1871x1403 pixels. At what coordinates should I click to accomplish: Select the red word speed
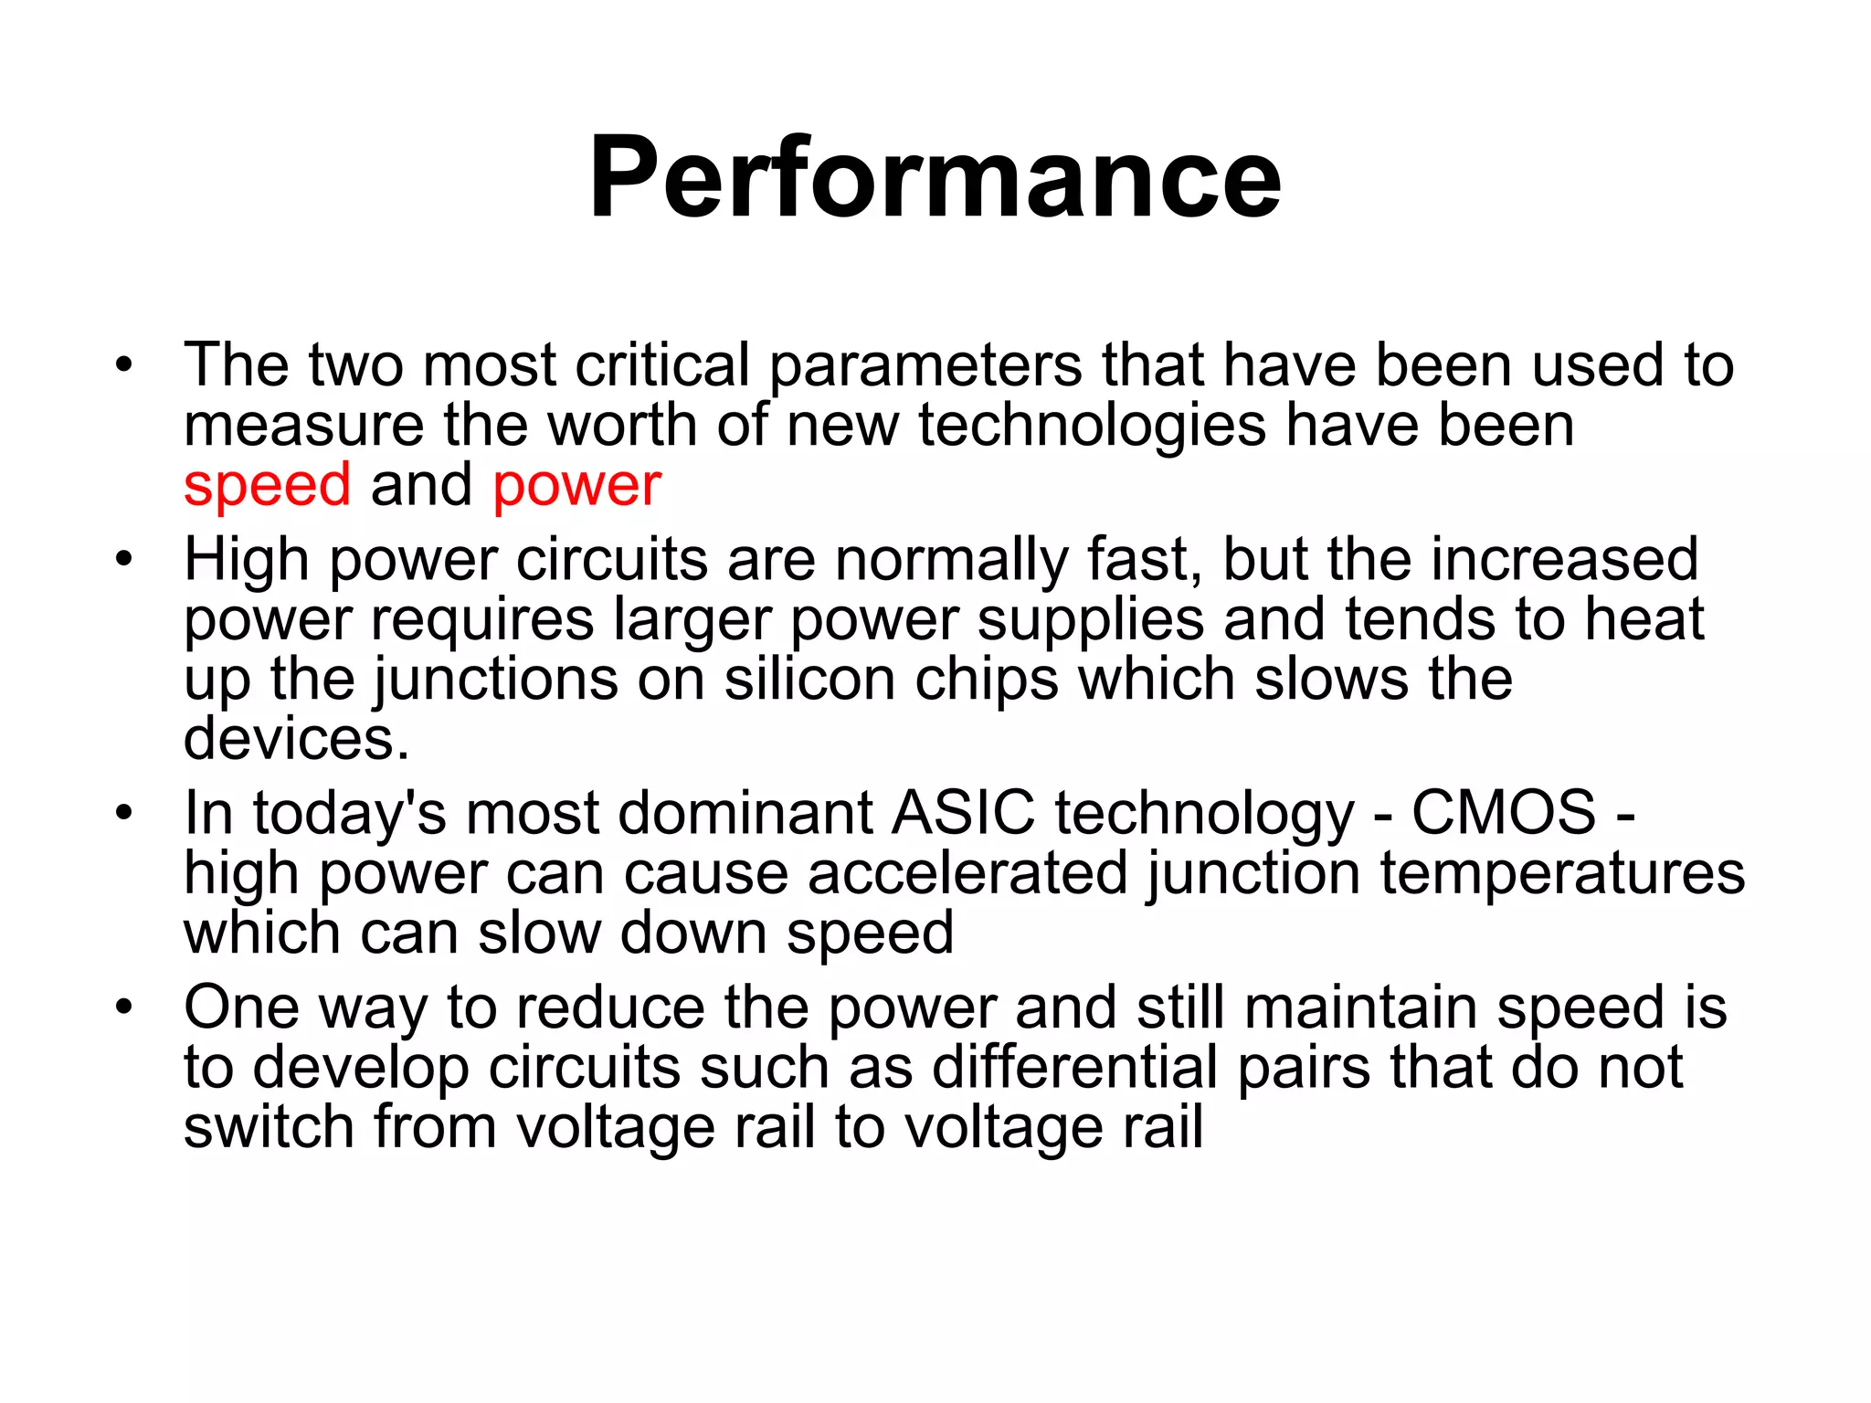267,485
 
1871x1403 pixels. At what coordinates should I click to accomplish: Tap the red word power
576,487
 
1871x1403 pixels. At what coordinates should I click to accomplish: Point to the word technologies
1092,427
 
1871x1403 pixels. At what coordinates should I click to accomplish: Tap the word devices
296,739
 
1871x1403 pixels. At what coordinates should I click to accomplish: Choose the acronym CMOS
1503,812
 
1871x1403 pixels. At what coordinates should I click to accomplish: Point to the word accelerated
967,873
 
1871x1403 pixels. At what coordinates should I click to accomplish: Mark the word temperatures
1561,873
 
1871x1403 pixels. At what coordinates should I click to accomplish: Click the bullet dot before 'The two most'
124,366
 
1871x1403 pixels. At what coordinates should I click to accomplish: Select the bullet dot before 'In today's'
124,812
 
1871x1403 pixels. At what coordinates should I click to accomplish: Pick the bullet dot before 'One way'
124,1007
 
